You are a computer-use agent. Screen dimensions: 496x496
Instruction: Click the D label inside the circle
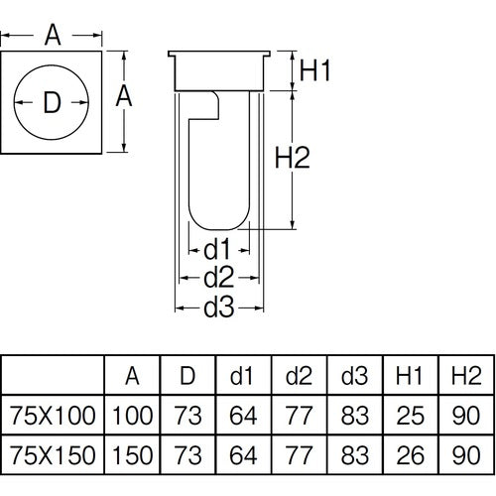tap(53, 101)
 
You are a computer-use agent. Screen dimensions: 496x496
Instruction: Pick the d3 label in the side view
tap(218, 309)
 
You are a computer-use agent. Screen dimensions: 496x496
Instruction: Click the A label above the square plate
tap(53, 36)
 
